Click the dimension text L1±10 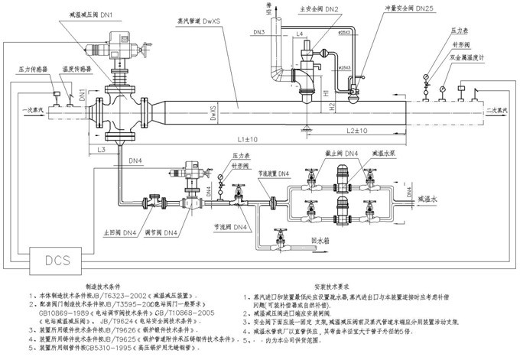click(x=246, y=139)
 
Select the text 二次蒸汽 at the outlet click(x=497, y=112)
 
